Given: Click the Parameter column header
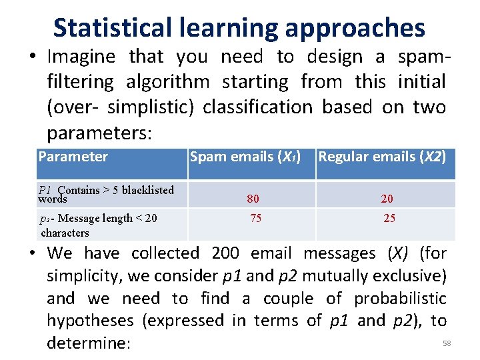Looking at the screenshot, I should (x=73, y=157).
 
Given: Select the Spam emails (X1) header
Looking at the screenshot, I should (x=245, y=157).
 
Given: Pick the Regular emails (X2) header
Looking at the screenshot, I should (x=382, y=157).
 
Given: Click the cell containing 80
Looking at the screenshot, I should (x=253, y=199).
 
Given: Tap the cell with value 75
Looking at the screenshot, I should (x=256, y=218).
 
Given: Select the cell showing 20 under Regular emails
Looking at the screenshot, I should (x=387, y=199).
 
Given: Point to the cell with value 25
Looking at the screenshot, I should (x=389, y=218).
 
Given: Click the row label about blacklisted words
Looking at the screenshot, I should (x=106, y=194).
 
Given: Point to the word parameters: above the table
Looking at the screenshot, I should (x=99, y=132).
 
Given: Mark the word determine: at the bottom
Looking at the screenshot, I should (x=89, y=343).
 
